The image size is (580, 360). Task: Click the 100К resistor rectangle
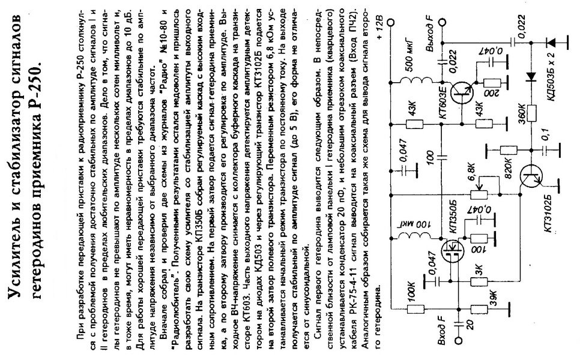point(415,310)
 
